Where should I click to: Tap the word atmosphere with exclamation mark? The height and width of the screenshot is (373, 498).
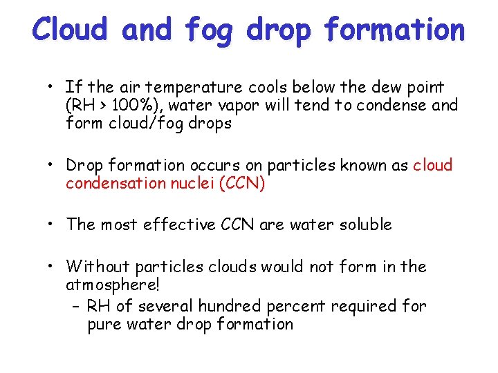(113, 285)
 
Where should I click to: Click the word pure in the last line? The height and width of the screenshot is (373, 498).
(102, 324)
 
